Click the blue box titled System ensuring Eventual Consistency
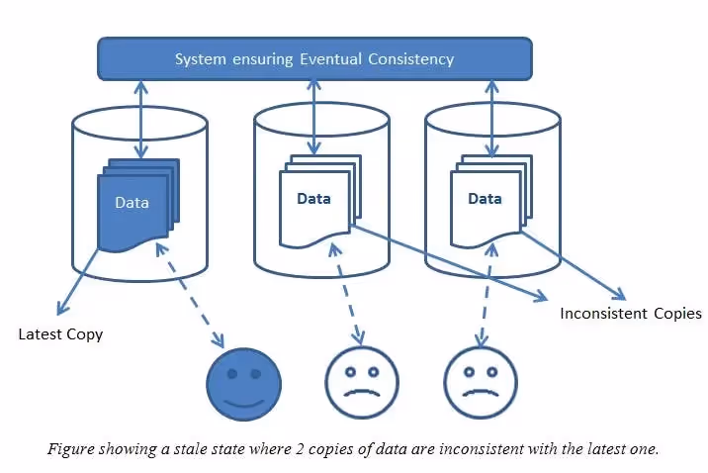[314, 58]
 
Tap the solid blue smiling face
[243, 384]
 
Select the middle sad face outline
[362, 384]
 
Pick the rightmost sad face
[480, 384]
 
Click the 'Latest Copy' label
[60, 334]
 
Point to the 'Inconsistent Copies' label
[630, 314]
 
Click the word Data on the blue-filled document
[132, 203]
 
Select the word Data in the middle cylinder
[314, 198]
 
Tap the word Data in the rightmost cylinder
[485, 198]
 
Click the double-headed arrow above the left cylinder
[141, 119]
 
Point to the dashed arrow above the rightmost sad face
[482, 302]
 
